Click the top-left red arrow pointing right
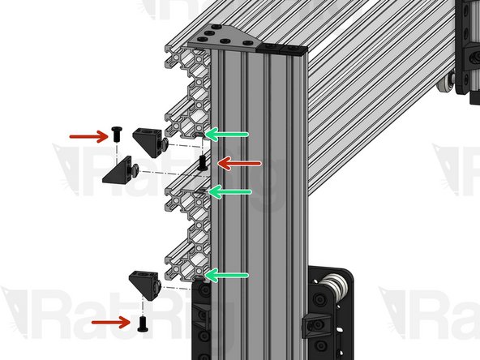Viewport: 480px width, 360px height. point(88,135)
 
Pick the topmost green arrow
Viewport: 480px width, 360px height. point(228,134)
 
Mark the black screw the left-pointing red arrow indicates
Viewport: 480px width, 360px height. point(202,163)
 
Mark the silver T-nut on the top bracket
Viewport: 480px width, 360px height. point(164,144)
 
